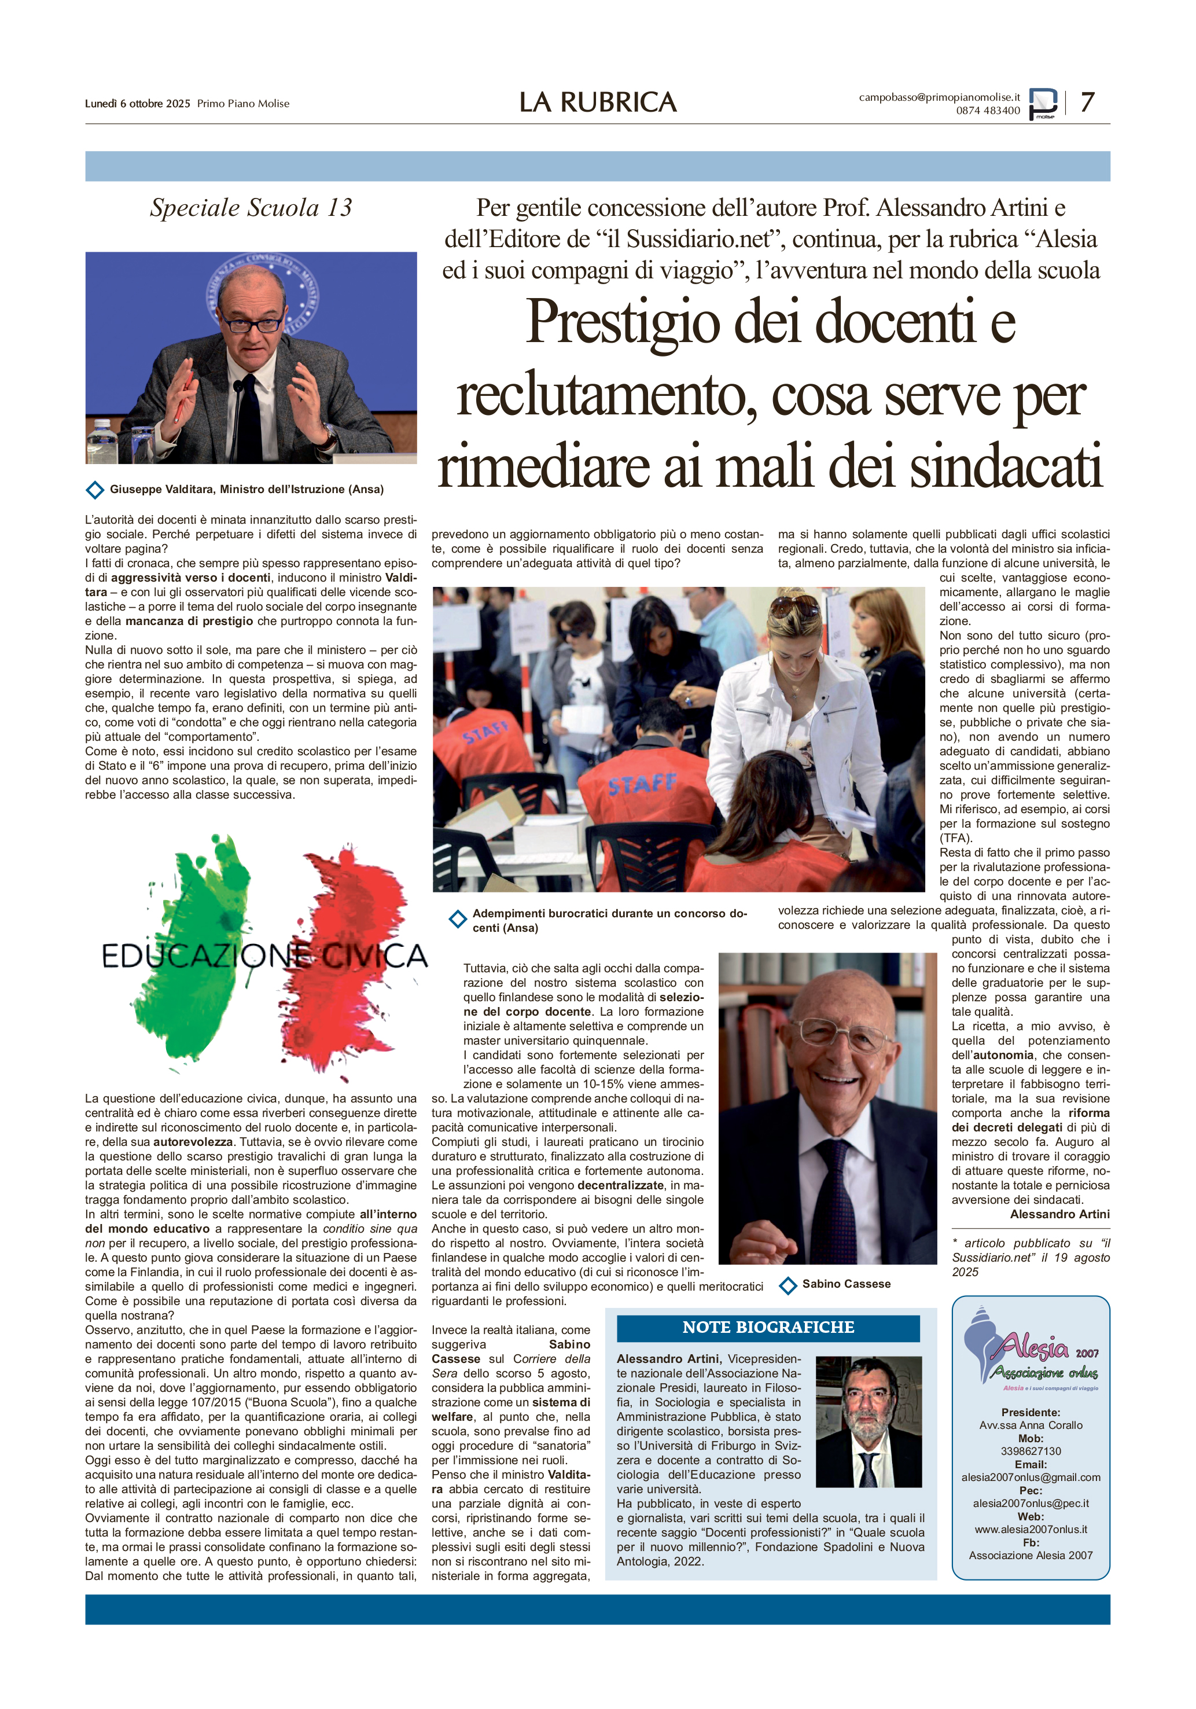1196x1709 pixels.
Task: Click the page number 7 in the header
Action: pyautogui.click(x=1087, y=102)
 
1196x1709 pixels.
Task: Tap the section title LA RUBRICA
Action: pyautogui.click(x=598, y=102)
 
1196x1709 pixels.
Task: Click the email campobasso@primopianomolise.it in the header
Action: pyautogui.click(x=939, y=97)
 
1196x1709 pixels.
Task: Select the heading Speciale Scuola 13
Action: pyautogui.click(x=251, y=208)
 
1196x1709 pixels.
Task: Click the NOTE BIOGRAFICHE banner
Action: pyautogui.click(x=768, y=1327)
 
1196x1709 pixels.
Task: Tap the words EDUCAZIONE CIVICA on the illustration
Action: pyautogui.click(x=264, y=957)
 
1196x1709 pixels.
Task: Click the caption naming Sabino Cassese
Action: pyautogui.click(x=845, y=1284)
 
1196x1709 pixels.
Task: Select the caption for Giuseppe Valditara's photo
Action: pyautogui.click(x=246, y=489)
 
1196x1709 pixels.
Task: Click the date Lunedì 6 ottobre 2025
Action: pyautogui.click(x=138, y=104)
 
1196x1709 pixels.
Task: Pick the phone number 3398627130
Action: pyautogui.click(x=1030, y=1451)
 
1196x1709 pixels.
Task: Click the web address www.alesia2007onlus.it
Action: pyautogui.click(x=1030, y=1530)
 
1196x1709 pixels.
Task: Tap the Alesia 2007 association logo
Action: pyautogui.click(x=1030, y=1350)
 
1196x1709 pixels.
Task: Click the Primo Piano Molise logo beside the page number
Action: pyautogui.click(x=1043, y=104)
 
